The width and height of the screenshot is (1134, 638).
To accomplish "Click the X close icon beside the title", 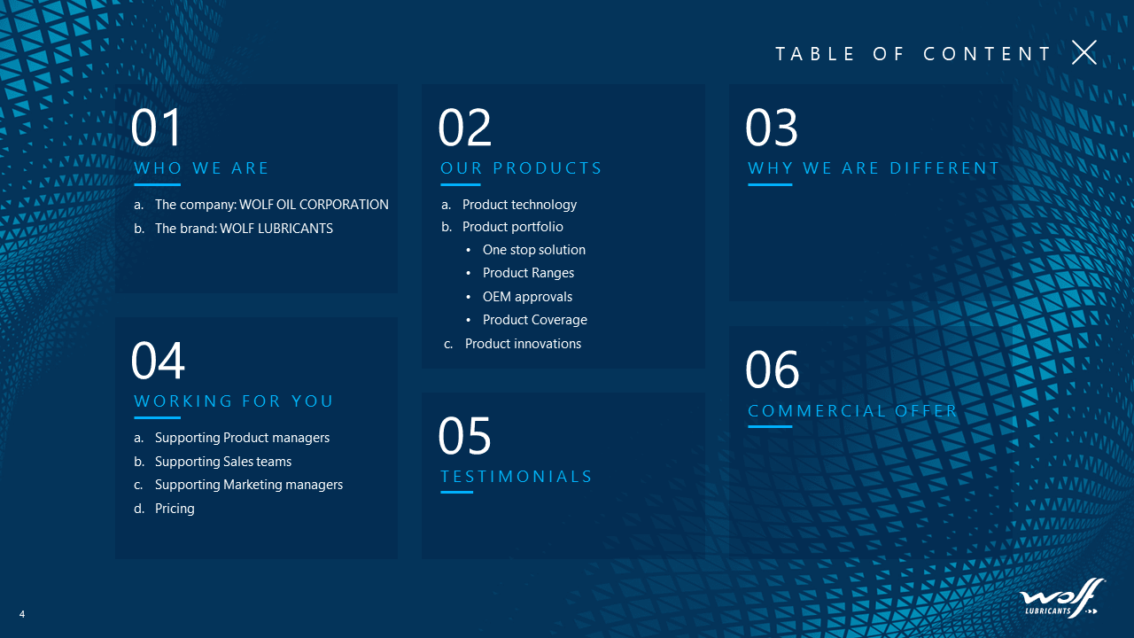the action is pyautogui.click(x=1084, y=52).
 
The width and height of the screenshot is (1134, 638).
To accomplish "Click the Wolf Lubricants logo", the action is pyautogui.click(x=1061, y=598).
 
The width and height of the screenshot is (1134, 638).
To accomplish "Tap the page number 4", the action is pyautogui.click(x=22, y=614).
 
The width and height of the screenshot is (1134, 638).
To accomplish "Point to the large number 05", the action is pyautogui.click(x=464, y=435).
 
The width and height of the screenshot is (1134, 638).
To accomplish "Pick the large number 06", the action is pyautogui.click(x=772, y=370).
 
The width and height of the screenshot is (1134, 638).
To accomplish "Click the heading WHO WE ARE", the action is pyautogui.click(x=201, y=168).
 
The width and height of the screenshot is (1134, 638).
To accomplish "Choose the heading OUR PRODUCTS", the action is pyautogui.click(x=521, y=168).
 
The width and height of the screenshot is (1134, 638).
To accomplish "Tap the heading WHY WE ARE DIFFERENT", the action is pyautogui.click(x=874, y=168).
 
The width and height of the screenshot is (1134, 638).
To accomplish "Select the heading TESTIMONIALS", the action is pyautogui.click(x=516, y=477).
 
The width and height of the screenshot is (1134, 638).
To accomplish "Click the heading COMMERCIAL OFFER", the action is pyautogui.click(x=852, y=410).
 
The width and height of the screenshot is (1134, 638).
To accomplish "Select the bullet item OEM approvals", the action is pyautogui.click(x=527, y=297).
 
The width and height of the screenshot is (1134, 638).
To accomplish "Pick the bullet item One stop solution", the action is pyautogui.click(x=534, y=250).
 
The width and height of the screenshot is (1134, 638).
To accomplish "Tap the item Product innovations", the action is pyautogui.click(x=523, y=344).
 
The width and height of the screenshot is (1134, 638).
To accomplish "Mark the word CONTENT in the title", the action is pyautogui.click(x=987, y=54).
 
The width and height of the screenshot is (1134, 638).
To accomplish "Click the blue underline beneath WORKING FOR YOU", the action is pyautogui.click(x=158, y=417).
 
